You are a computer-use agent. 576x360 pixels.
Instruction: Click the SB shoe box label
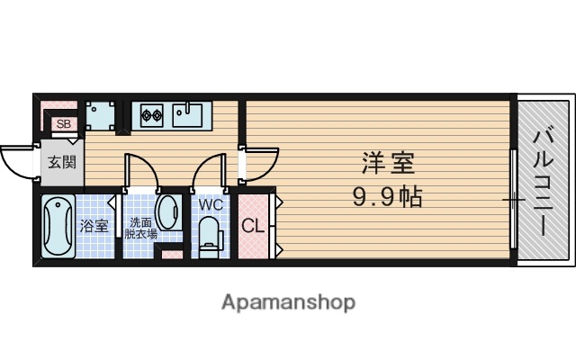(63, 124)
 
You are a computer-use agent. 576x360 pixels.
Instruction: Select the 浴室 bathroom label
(94, 225)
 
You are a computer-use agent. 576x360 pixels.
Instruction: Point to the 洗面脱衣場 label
(141, 228)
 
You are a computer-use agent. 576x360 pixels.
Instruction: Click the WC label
(210, 203)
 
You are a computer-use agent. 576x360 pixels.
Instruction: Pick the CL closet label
(253, 226)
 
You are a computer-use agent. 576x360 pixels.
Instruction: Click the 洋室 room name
(388, 165)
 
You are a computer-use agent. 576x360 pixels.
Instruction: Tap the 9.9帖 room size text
(388, 194)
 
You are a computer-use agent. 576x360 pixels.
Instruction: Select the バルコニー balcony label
(543, 183)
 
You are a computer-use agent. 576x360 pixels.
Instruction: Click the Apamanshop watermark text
(288, 301)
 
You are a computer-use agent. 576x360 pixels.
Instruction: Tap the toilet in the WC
(210, 236)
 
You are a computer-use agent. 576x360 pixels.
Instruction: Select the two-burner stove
(149, 114)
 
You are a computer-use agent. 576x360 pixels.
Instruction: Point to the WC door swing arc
(207, 171)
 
